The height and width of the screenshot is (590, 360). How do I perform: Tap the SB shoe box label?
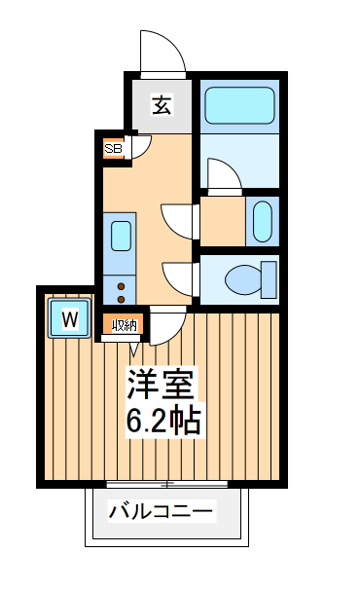(x=114, y=149)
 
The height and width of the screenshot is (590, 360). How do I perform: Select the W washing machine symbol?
(x=70, y=318)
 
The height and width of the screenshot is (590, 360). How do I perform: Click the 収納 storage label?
(x=124, y=325)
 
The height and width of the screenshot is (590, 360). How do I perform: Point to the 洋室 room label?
(x=162, y=385)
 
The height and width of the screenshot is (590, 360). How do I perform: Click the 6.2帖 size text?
(x=162, y=422)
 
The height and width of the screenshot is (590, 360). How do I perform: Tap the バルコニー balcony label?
(x=161, y=511)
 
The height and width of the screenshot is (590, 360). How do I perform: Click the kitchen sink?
(x=121, y=236)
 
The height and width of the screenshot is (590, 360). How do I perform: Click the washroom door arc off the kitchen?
(x=179, y=220)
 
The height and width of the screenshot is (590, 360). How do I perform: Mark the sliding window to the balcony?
(x=167, y=484)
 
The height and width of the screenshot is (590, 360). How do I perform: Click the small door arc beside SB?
(x=139, y=146)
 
